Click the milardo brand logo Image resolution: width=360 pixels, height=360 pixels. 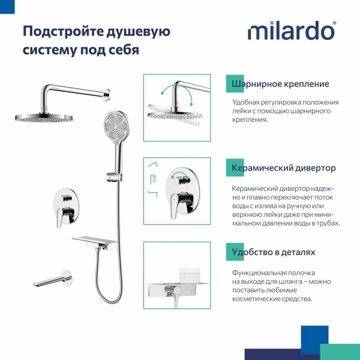(x=292, y=31)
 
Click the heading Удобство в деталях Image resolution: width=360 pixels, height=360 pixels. (x=273, y=252)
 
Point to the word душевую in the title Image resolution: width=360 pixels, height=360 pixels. (x=139, y=31)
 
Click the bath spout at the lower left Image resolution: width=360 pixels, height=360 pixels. (x=53, y=280)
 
